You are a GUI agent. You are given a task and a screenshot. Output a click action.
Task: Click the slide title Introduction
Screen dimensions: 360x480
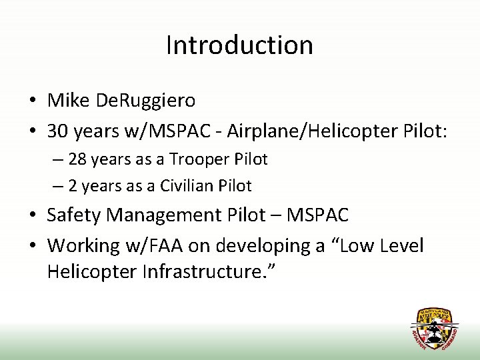tap(239, 45)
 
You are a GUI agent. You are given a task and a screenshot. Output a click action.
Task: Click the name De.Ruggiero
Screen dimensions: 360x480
tap(146, 101)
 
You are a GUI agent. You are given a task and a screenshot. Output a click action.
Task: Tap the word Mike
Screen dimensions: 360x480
tap(69, 101)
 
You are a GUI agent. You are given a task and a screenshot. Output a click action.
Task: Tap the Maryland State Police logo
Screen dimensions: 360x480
tap(434, 329)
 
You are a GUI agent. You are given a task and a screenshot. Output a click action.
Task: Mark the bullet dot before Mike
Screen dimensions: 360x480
tap(32, 101)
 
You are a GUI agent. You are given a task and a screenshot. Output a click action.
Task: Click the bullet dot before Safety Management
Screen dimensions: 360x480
tap(32, 215)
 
